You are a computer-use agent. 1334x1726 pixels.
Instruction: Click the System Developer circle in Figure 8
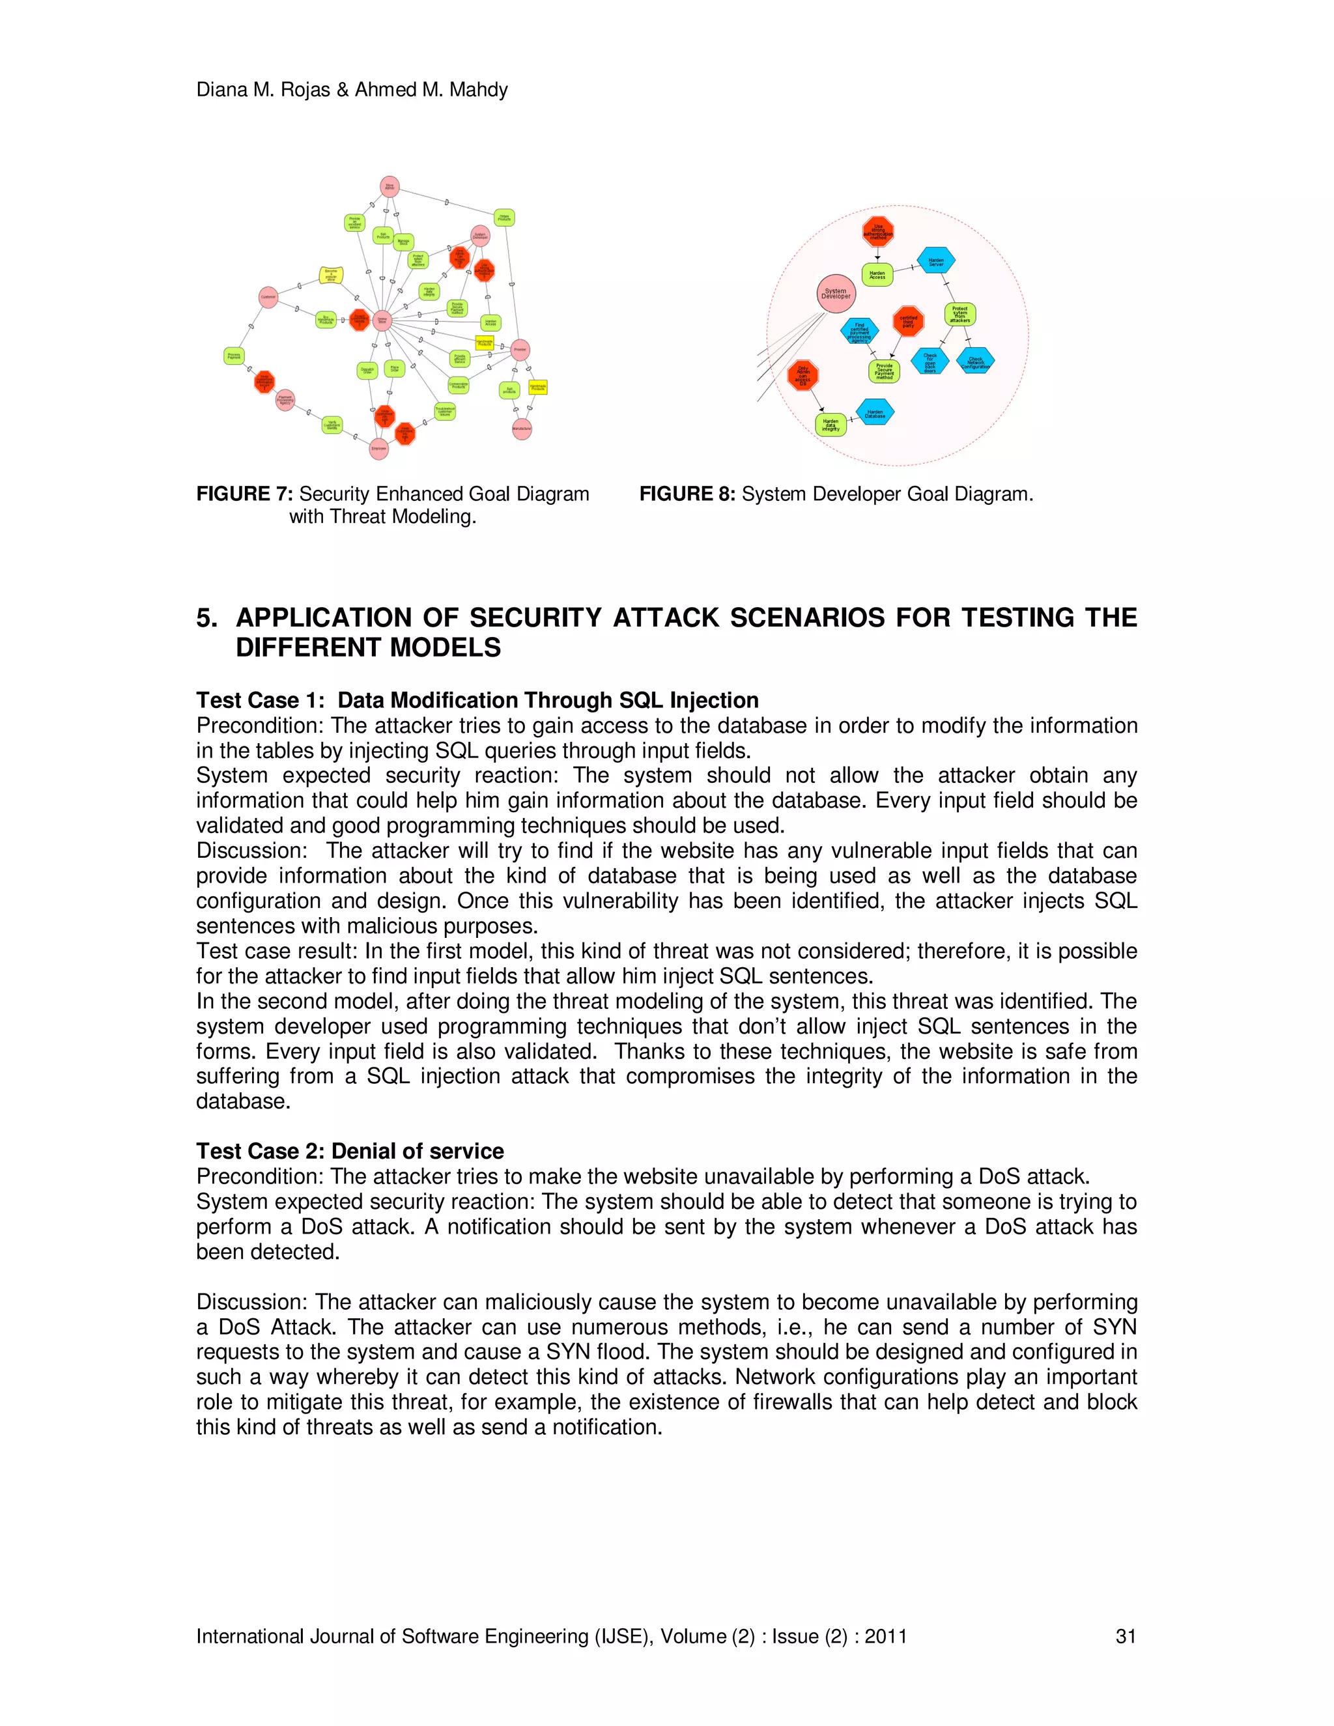pos(835,293)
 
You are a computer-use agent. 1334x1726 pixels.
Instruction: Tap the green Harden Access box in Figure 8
pos(877,275)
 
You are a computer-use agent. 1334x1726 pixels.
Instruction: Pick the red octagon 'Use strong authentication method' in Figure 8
pos(878,232)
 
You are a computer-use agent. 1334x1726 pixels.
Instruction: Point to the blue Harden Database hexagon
pos(875,412)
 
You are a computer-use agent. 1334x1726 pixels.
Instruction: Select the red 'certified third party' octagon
pos(908,321)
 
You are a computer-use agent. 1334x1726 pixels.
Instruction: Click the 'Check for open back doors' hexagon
pos(930,362)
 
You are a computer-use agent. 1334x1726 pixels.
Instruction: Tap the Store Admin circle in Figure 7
pos(390,186)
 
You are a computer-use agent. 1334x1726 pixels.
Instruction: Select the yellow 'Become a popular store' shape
pos(331,275)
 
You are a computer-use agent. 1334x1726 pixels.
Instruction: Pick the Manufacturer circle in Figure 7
pos(522,429)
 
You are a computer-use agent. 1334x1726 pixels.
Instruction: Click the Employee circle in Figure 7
pos(379,448)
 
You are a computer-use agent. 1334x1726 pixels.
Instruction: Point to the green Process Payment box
pos(234,356)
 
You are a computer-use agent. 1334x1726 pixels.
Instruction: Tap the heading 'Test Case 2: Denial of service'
pos(349,1151)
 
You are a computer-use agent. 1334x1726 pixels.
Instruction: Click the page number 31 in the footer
pos(1124,1636)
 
